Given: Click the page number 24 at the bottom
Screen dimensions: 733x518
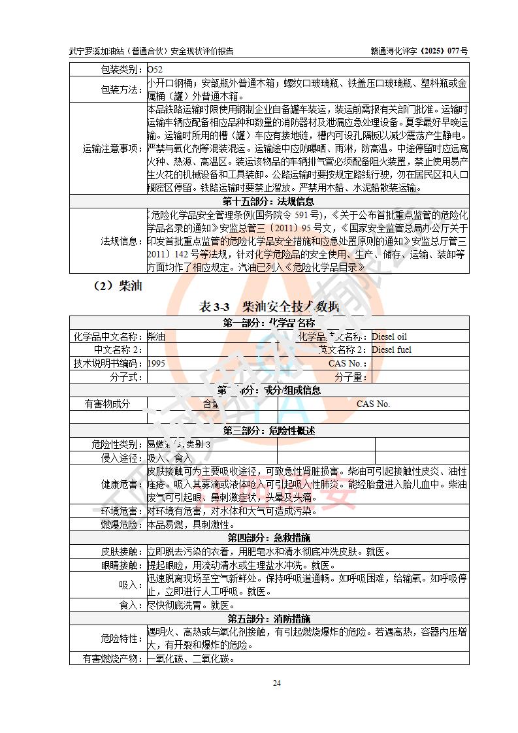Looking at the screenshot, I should pyautogui.click(x=276, y=683).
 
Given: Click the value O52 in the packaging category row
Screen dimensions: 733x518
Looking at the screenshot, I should pyautogui.click(x=155, y=69).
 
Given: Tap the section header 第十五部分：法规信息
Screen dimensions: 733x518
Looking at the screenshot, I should pyautogui.click(x=268, y=201).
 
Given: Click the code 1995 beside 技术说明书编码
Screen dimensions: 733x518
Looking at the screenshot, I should pyautogui.click(x=157, y=363).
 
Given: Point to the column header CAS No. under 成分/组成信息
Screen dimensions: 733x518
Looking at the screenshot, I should pyautogui.click(x=373, y=404).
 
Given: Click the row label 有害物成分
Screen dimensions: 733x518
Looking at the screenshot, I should pyautogui.click(x=108, y=404).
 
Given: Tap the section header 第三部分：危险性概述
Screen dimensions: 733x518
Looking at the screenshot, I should pyautogui.click(x=268, y=431).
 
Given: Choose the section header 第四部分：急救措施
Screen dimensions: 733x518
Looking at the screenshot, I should pyautogui.click(x=268, y=538).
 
